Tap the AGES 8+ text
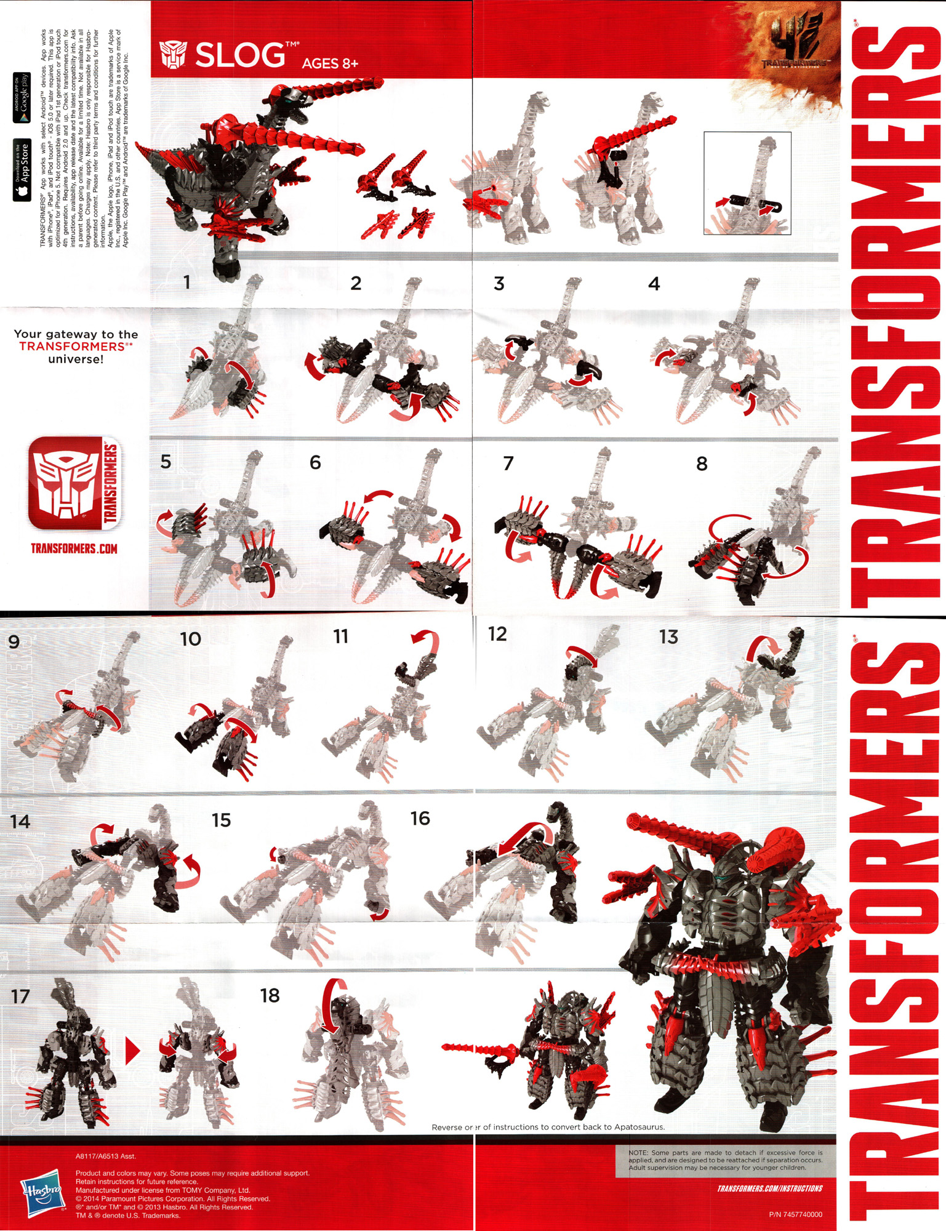click(330, 63)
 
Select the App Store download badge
click(22, 170)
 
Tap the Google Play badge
click(22, 97)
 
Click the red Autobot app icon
click(74, 483)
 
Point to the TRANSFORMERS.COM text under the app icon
click(74, 548)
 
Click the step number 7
click(508, 463)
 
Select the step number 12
click(497, 634)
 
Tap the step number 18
click(270, 995)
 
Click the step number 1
click(186, 282)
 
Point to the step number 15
click(221, 820)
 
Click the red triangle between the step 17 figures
click(132, 1051)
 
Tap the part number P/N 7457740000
click(795, 1214)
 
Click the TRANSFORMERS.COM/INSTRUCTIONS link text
click(769, 1189)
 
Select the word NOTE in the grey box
click(638, 1152)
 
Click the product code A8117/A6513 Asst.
click(106, 1157)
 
